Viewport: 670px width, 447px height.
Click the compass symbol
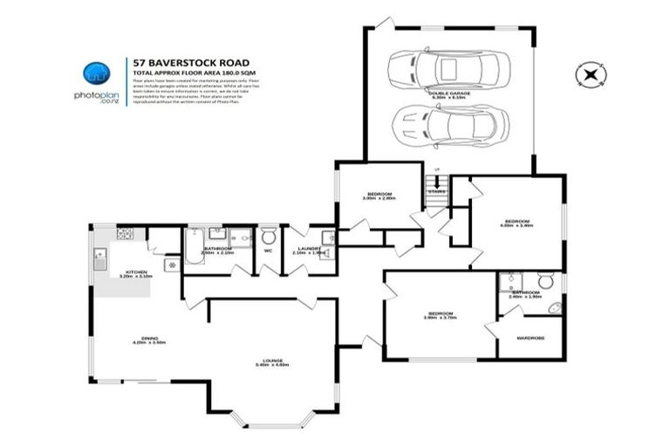pos(591,74)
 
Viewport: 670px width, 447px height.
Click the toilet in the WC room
pos(269,236)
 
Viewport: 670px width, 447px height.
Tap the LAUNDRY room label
pos(308,250)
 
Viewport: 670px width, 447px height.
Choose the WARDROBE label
pos(530,337)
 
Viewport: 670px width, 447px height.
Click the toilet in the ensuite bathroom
pos(546,281)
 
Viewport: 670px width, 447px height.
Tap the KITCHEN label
pos(136,273)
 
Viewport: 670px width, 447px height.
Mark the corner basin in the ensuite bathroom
pos(506,281)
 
